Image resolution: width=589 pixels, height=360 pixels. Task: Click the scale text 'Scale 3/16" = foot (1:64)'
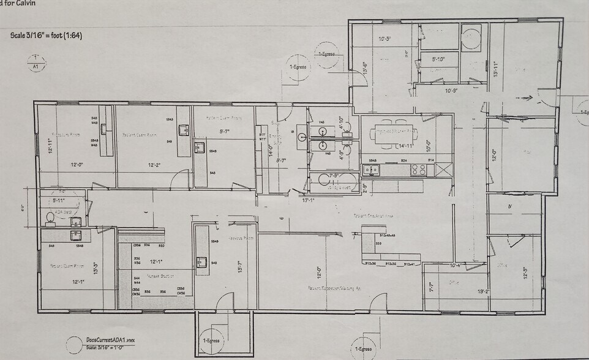pos(47,36)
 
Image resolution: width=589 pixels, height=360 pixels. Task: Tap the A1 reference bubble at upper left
pos(36,63)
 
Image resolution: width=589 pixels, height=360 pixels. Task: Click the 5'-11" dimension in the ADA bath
pos(59,200)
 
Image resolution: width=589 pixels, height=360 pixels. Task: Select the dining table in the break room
pos(396,132)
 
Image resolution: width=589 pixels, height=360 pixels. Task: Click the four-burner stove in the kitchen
pos(419,170)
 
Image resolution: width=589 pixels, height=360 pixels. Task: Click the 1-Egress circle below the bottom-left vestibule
pos(211,342)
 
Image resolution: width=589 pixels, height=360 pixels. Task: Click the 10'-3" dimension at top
pos(385,39)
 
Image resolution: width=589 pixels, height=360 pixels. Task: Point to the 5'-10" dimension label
pos(438,59)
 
